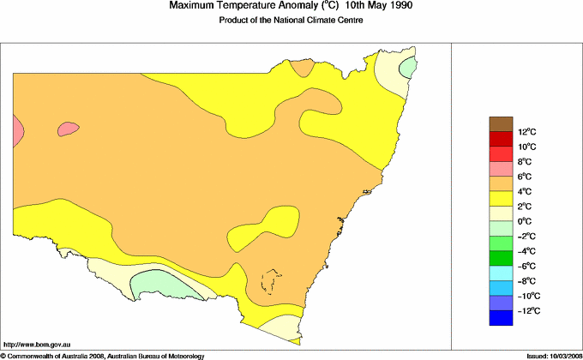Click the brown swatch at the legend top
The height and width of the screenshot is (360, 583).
[501, 124]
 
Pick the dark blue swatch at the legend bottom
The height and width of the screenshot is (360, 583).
[501, 318]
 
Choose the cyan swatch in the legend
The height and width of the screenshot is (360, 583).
[501, 273]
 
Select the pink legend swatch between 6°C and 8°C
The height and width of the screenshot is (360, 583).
[501, 169]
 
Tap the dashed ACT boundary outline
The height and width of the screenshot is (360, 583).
[272, 281]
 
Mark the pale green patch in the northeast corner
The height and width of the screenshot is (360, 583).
[410, 65]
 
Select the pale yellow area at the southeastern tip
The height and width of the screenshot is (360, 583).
[280, 328]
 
